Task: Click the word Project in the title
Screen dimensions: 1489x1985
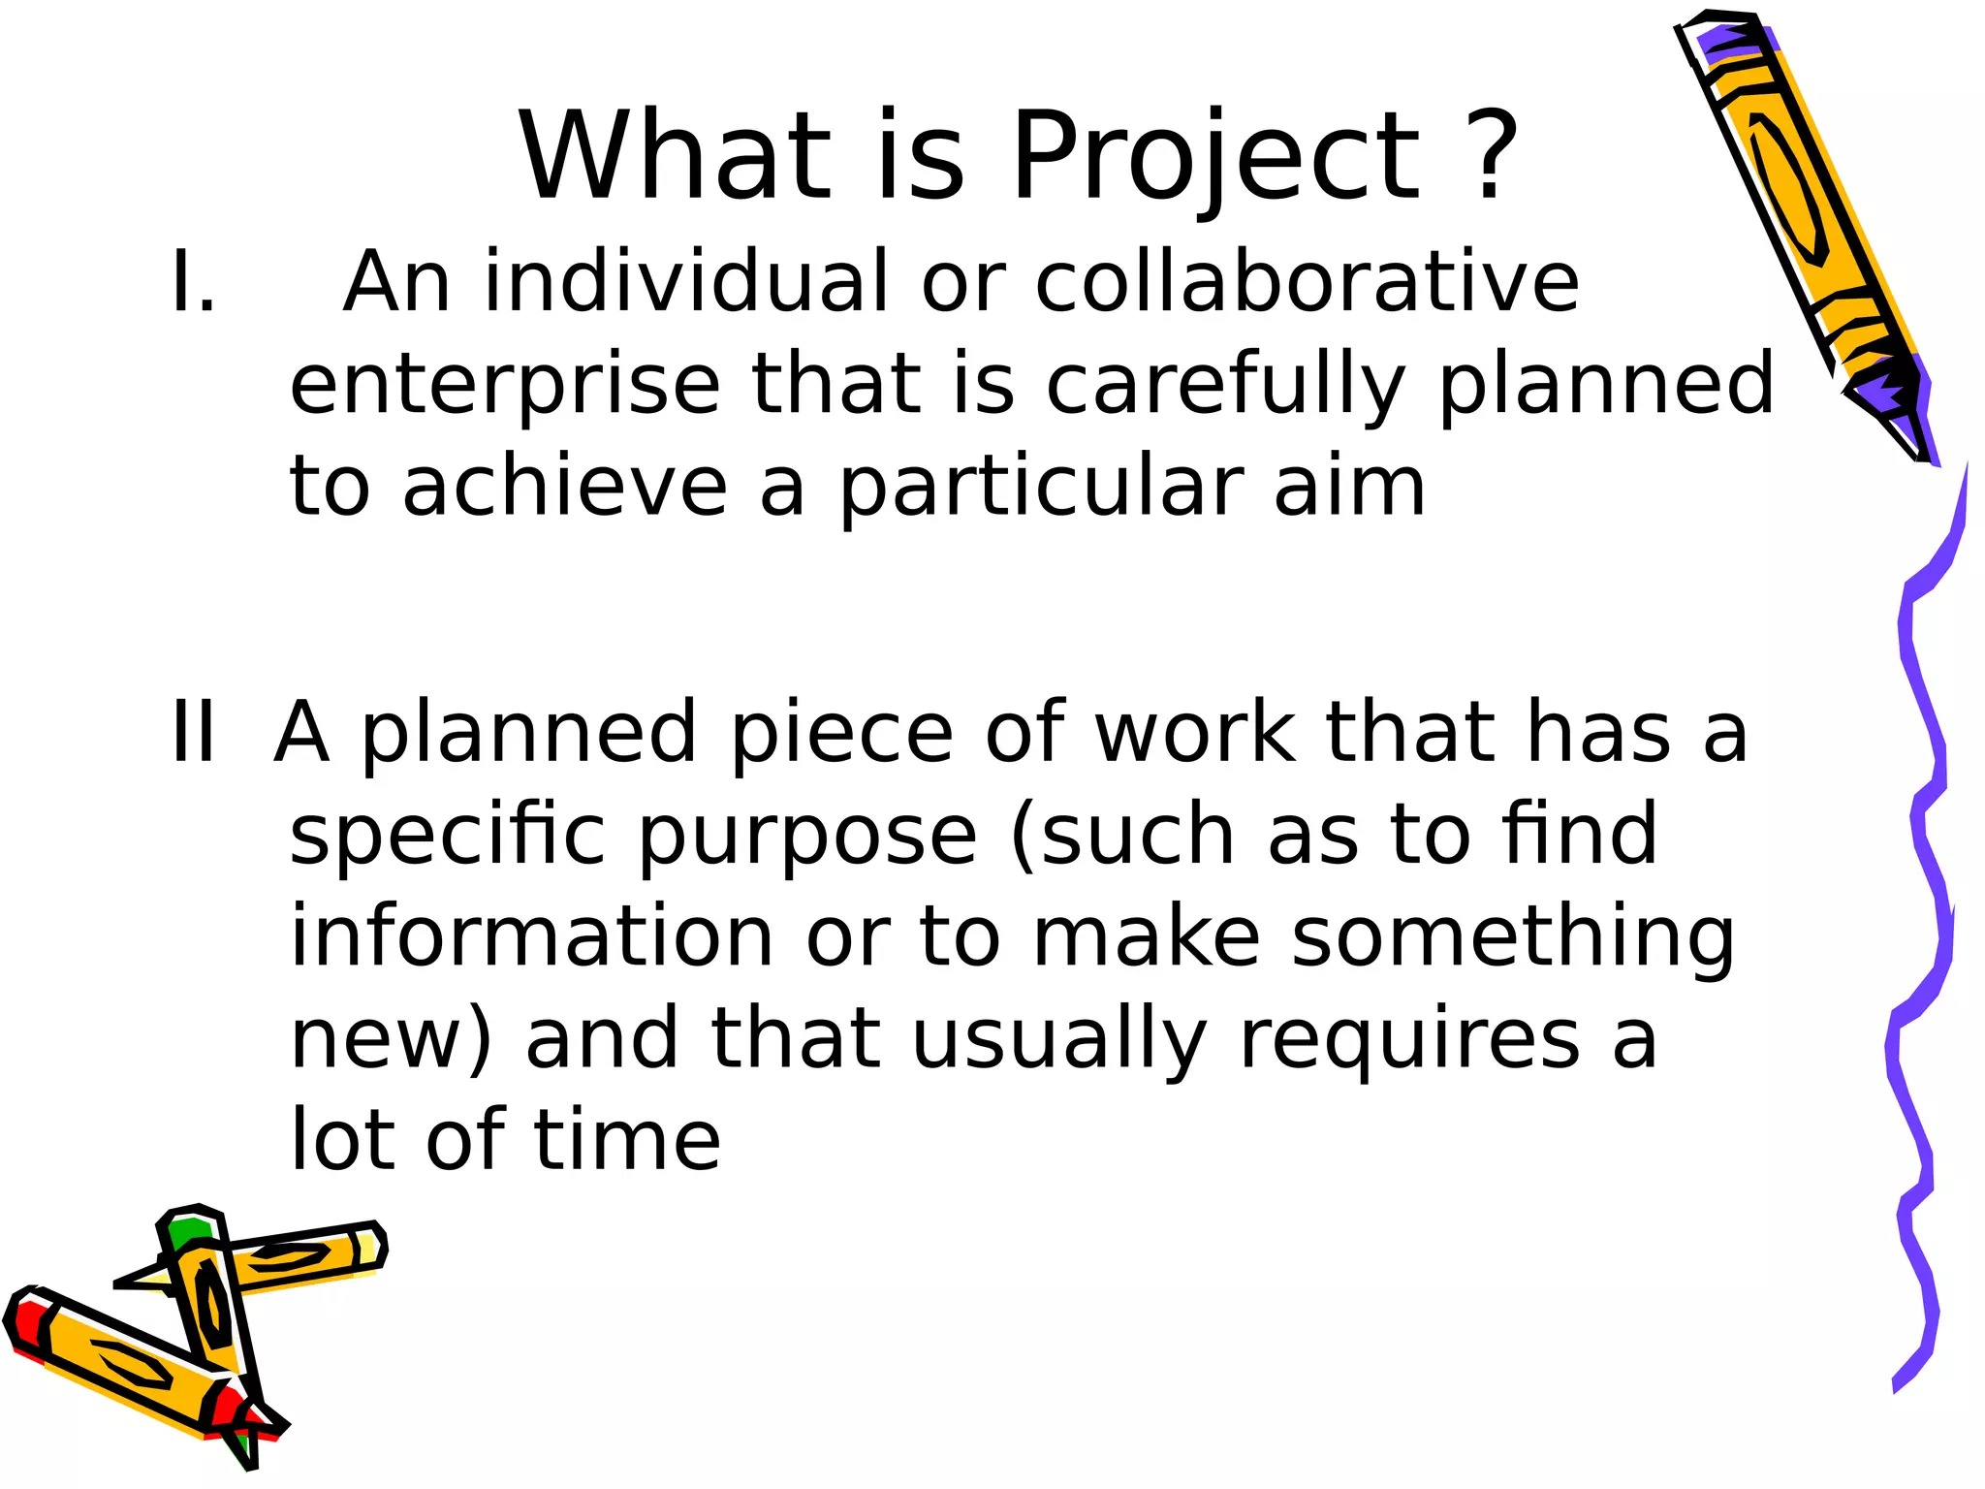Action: point(1215,157)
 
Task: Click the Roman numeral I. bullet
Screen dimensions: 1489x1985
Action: point(193,282)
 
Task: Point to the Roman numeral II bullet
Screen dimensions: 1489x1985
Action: point(193,733)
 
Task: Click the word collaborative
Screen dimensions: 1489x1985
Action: point(1308,282)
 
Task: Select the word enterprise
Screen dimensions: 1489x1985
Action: point(505,386)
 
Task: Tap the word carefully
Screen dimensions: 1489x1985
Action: point(1226,386)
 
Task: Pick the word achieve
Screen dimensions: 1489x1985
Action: point(565,487)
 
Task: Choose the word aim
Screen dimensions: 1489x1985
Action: point(1350,487)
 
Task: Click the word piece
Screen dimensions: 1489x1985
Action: point(841,733)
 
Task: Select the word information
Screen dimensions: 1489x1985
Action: point(532,936)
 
